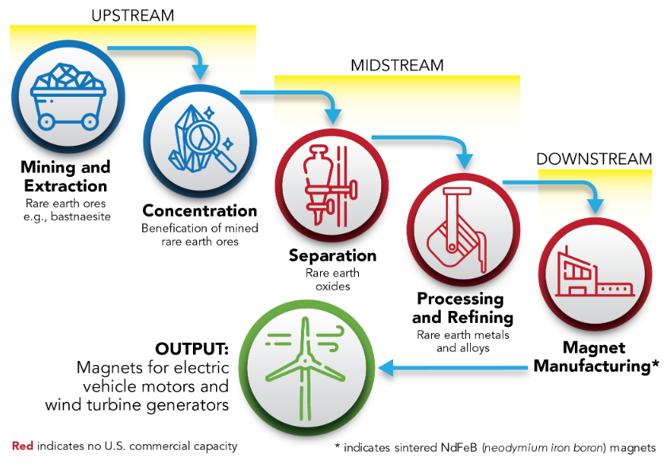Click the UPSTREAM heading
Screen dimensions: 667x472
[x=133, y=15]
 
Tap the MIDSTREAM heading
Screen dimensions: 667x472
[x=397, y=65]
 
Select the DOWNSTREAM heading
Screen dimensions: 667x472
[x=594, y=159]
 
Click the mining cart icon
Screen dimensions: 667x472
[x=68, y=97]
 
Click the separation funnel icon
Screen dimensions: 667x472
[x=330, y=186]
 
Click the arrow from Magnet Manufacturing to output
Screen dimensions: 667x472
[x=453, y=368]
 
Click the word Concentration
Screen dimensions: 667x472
[x=199, y=211]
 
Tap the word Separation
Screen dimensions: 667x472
[x=332, y=255]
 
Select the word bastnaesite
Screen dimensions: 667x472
[x=80, y=217]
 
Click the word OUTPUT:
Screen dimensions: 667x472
[x=191, y=349]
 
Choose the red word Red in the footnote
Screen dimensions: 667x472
[x=22, y=446]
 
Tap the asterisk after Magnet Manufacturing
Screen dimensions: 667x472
[x=655, y=363]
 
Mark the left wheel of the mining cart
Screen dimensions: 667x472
[x=46, y=122]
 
